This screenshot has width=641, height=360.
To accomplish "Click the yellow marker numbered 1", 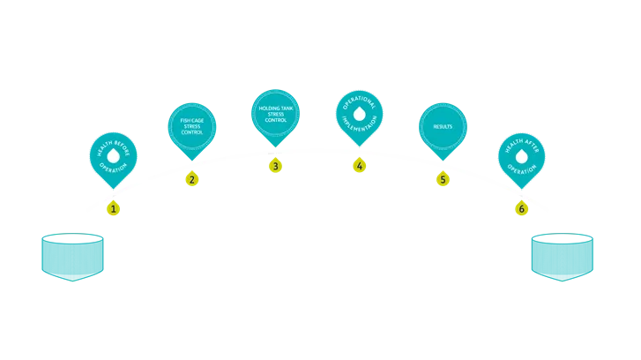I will (113, 209).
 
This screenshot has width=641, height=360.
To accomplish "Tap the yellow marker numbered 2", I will (191, 179).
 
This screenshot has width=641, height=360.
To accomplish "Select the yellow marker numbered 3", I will (275, 166).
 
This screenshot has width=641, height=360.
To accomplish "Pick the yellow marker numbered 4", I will (359, 165).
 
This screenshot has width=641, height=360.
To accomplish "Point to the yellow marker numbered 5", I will (443, 179).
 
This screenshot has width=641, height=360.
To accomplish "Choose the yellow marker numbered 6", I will (522, 208).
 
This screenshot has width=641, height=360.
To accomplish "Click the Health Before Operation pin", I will (113, 157).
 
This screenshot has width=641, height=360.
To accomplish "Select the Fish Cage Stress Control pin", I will (191, 126).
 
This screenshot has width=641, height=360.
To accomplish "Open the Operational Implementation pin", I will (359, 114).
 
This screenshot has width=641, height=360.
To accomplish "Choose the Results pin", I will (443, 127).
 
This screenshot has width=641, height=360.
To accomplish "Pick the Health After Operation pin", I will (522, 157).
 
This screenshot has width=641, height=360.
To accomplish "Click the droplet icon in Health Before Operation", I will (113, 156).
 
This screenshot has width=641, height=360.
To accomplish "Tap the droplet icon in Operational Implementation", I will (359, 114).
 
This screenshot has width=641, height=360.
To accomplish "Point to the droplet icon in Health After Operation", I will (522, 156).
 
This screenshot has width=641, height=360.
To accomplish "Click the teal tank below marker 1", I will (71, 257).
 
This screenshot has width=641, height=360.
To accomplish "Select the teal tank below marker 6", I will (563, 257).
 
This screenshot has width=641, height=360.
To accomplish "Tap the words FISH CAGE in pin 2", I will (191, 121).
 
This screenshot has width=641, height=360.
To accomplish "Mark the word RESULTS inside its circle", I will (443, 127).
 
